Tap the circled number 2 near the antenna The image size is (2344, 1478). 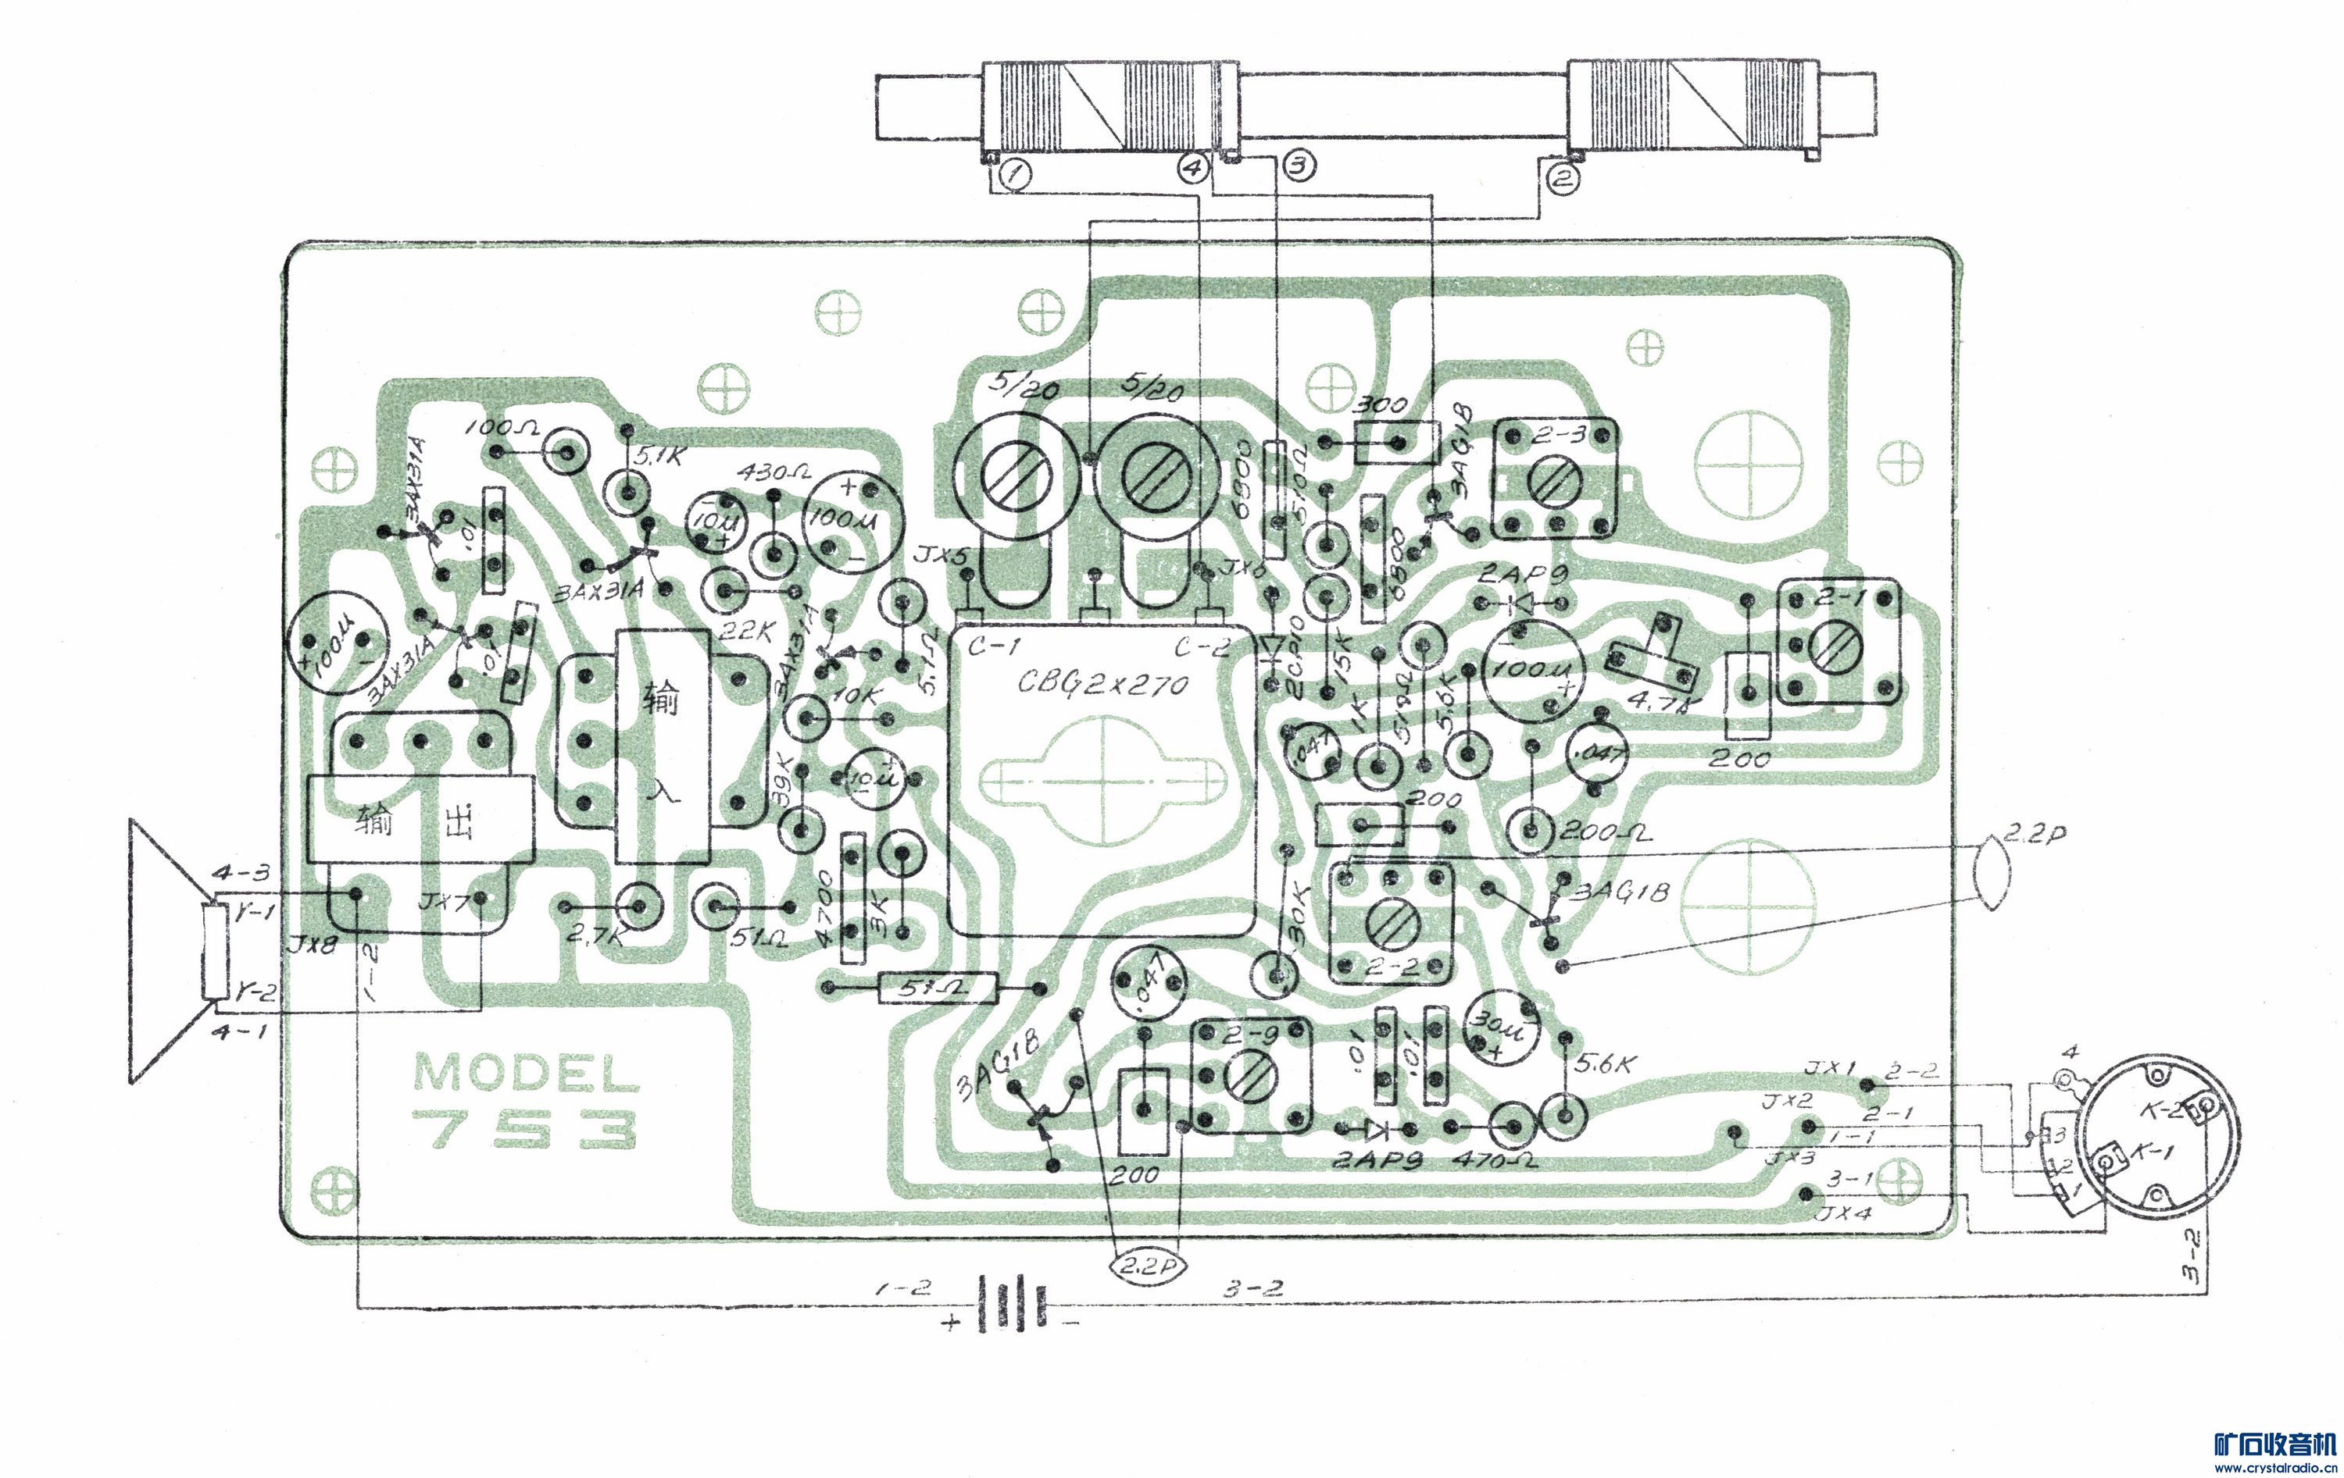point(1560,178)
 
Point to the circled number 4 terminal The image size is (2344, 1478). point(1195,167)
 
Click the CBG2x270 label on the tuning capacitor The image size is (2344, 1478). point(1103,683)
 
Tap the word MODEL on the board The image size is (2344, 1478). point(527,1074)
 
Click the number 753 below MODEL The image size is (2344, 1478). point(525,1130)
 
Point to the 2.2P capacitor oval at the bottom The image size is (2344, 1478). point(1144,1267)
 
